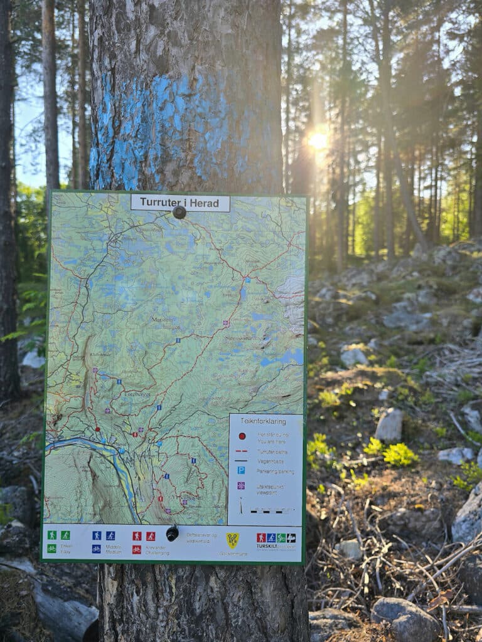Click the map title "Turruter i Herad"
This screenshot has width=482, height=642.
(180, 203)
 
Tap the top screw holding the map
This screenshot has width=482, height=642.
(179, 213)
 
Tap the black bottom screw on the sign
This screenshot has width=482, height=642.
(172, 534)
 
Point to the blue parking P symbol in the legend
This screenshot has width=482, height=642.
(241, 470)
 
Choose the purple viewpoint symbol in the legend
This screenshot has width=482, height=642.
(241, 485)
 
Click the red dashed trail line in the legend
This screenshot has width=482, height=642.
(242, 450)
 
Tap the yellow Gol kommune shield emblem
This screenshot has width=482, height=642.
(232, 539)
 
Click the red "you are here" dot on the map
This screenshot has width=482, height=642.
(98, 430)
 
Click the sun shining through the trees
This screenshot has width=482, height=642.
(318, 140)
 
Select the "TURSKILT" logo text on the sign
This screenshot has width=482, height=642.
(271, 545)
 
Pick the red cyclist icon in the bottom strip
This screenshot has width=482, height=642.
(136, 549)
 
